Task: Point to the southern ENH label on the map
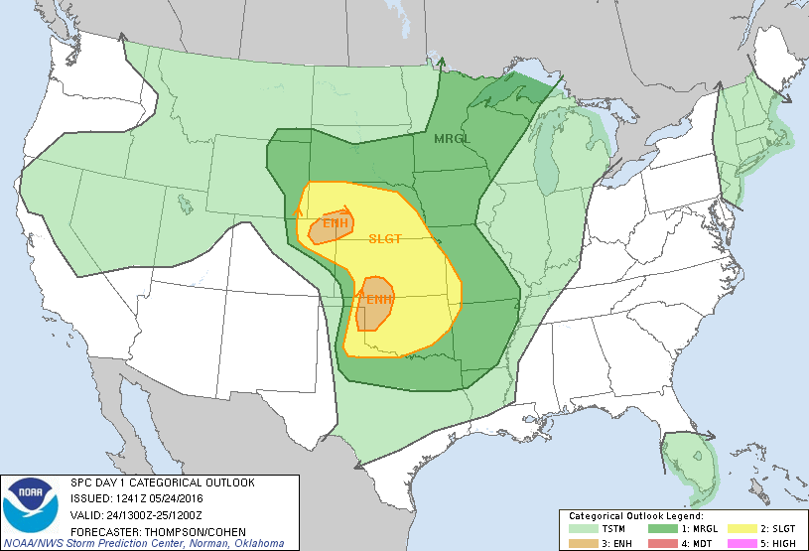[379, 299]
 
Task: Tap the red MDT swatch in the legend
[659, 543]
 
